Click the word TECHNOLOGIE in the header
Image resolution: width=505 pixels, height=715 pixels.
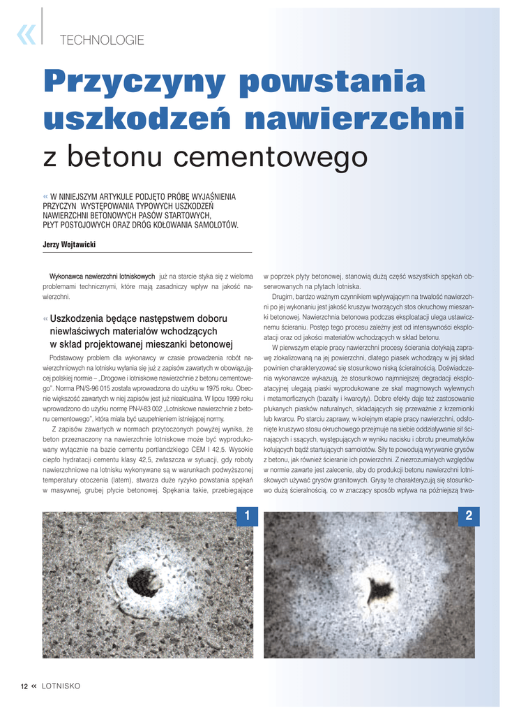[102, 40]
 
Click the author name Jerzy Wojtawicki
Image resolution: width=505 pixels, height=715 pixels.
[69, 244]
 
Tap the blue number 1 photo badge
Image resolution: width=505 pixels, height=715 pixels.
[246, 517]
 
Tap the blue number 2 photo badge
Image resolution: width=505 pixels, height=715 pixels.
[468, 517]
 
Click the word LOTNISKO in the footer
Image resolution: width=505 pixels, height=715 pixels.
[61, 686]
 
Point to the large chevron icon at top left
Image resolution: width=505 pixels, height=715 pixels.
[26, 34]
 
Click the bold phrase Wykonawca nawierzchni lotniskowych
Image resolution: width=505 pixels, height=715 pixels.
[102, 277]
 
